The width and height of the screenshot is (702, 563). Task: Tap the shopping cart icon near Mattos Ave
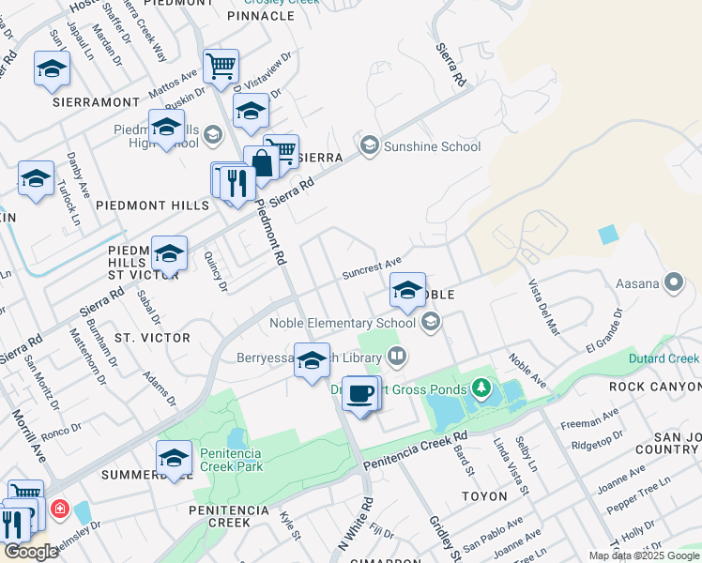(x=221, y=67)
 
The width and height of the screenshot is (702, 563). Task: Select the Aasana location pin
(x=673, y=281)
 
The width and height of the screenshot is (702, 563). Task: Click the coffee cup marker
(x=359, y=394)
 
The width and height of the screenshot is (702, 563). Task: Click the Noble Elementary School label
(x=343, y=323)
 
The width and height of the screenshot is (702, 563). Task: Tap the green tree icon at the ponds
(x=481, y=387)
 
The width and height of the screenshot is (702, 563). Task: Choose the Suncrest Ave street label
(x=372, y=267)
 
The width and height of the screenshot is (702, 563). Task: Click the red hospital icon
(x=60, y=510)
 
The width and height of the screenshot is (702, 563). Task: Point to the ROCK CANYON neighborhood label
(x=654, y=387)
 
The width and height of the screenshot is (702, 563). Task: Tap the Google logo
(x=30, y=552)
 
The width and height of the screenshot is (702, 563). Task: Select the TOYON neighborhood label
(x=484, y=495)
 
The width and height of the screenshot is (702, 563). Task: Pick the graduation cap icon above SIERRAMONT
(x=52, y=68)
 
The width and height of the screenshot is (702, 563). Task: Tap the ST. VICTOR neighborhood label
(x=152, y=337)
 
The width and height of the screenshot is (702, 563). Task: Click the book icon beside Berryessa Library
(x=397, y=357)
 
